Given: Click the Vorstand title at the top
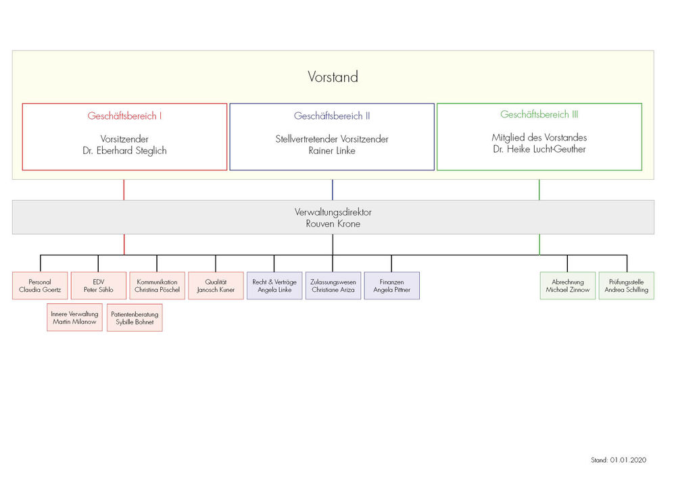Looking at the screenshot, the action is (x=333, y=77).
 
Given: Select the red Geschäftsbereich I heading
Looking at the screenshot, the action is (x=124, y=116).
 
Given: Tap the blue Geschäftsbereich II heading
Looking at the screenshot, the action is (x=332, y=116).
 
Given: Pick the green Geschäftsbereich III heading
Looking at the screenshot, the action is (x=539, y=115).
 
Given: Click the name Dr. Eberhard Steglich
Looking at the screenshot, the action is (x=124, y=151).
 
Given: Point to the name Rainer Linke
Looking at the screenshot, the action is (x=332, y=151).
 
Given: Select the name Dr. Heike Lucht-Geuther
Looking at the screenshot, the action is (x=539, y=149).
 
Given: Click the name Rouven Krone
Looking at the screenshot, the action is (x=333, y=224).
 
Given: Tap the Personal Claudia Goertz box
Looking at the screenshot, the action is (x=40, y=286).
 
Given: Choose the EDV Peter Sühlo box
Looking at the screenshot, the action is (x=99, y=286).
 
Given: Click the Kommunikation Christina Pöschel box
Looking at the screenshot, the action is (x=158, y=286).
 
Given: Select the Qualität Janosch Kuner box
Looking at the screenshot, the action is (x=216, y=286).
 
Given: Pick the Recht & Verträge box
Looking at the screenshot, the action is (x=274, y=286).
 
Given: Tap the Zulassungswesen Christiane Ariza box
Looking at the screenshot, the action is (x=333, y=286).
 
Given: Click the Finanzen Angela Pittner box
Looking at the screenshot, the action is (x=392, y=286).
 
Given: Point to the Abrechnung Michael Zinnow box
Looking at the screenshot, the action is (x=568, y=286).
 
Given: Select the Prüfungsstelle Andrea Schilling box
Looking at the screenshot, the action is (x=627, y=286).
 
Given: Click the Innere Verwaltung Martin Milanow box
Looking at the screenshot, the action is (x=74, y=318).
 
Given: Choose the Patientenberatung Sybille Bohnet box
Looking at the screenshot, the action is (x=135, y=318).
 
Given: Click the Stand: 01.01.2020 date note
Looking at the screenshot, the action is (x=619, y=460).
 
